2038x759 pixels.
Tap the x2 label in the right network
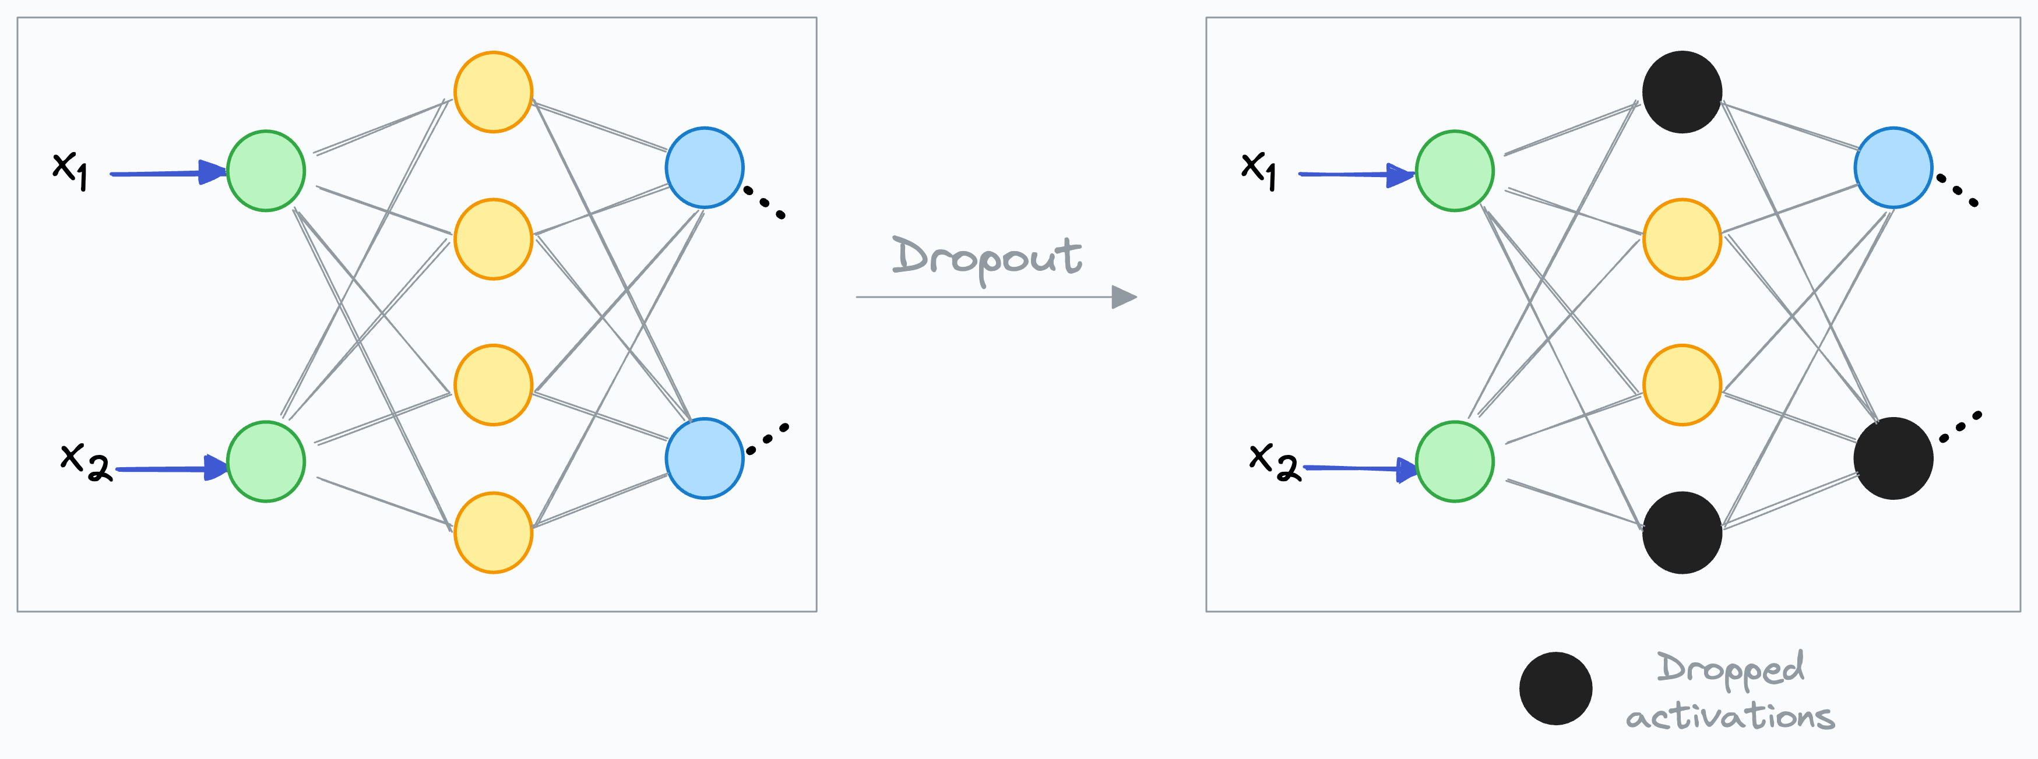click(1274, 461)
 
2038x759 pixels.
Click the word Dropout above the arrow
click(987, 257)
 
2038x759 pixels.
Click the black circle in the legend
click(1555, 689)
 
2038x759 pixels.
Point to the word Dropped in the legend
click(1730, 669)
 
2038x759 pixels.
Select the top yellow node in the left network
click(493, 91)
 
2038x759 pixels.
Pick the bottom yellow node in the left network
click(493, 532)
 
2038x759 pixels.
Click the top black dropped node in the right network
click(1682, 91)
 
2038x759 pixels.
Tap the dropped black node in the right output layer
click(1893, 458)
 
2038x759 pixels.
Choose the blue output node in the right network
click(1893, 168)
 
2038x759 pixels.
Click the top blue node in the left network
click(704, 168)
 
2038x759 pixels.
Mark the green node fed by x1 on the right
click(1454, 171)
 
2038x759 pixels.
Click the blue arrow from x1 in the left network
click(166, 173)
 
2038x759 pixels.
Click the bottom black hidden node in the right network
click(1682, 532)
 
